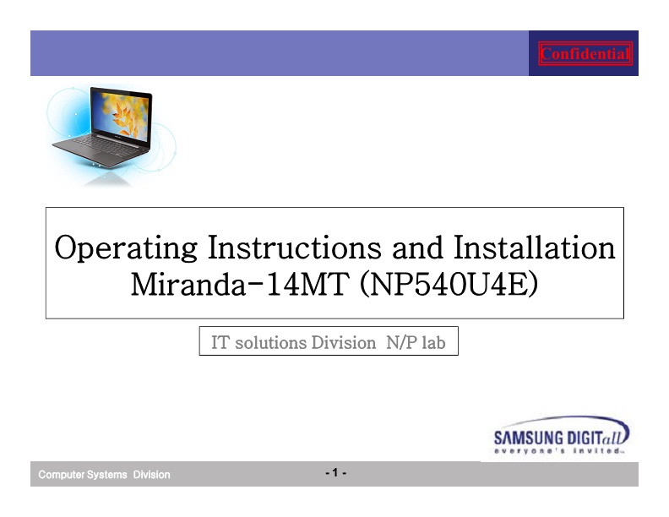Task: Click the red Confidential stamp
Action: (x=585, y=54)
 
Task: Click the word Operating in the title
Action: (x=127, y=248)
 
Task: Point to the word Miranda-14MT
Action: (x=240, y=284)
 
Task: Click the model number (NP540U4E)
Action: (x=449, y=285)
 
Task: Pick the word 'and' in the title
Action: (x=417, y=248)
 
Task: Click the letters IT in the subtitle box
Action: (x=220, y=342)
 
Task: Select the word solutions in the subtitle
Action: (x=270, y=342)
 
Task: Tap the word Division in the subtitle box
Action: (x=344, y=342)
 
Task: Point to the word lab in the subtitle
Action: (x=433, y=342)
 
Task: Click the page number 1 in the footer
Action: (x=335, y=472)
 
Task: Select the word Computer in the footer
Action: (x=61, y=475)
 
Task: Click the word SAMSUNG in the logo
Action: (x=529, y=438)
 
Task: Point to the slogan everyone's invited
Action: (x=559, y=451)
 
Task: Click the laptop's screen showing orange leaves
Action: (x=121, y=115)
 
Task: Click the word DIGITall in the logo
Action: (x=598, y=437)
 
